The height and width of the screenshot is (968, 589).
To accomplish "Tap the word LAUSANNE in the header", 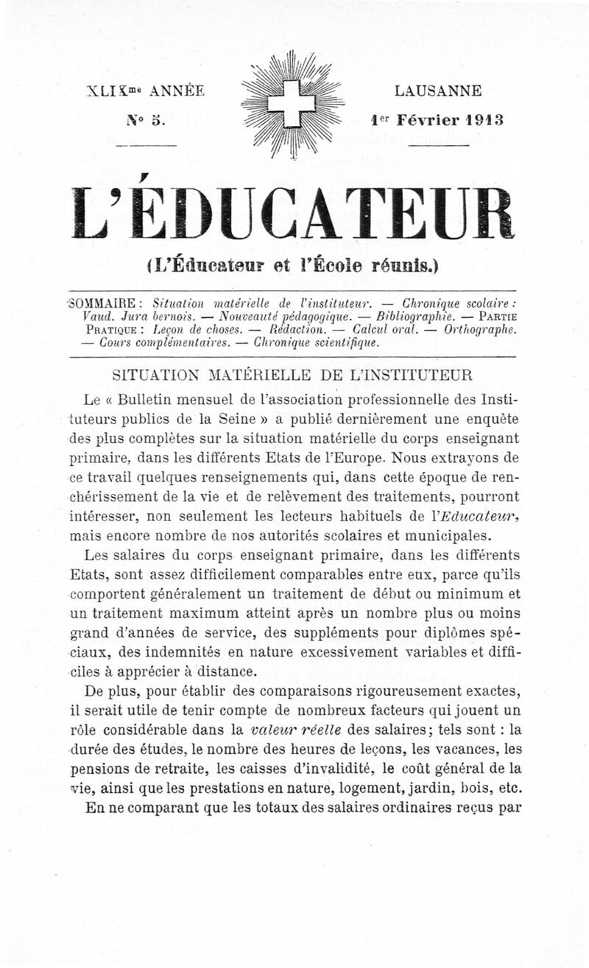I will pyautogui.click(x=438, y=91).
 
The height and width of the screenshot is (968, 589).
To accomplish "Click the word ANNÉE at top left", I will pyautogui.click(x=176, y=91).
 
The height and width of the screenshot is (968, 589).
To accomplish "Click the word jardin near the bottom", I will pyautogui.click(x=408, y=787).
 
